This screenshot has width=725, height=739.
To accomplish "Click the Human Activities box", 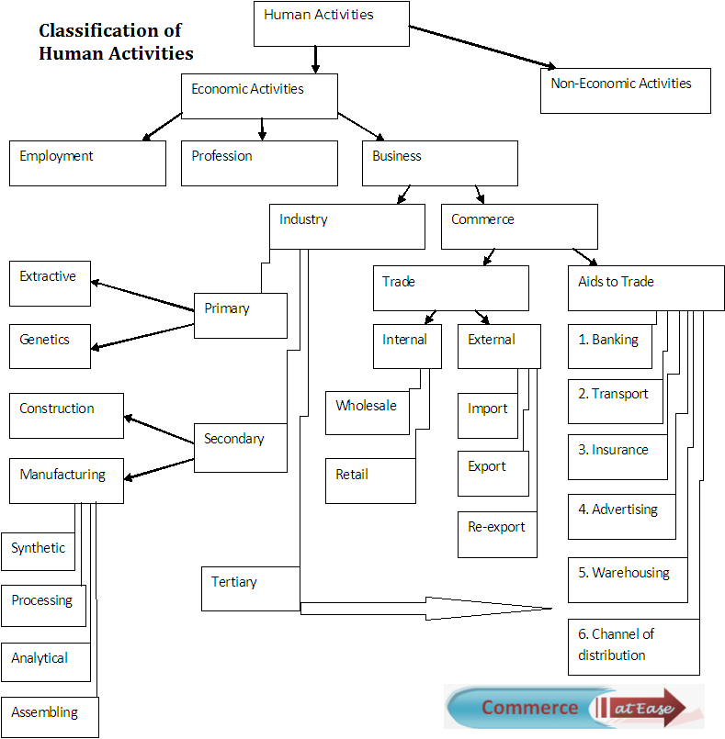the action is point(332,24).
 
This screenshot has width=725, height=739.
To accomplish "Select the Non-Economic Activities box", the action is point(626,91).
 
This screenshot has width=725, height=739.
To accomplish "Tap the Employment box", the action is point(87,163).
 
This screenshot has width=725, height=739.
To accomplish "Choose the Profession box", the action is point(259,163).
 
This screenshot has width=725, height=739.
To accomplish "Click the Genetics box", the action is point(50,346).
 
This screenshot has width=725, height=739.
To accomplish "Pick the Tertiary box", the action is point(251,588).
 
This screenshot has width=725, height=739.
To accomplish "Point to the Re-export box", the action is point(497,534).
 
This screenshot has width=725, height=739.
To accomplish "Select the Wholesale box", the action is point(368,413).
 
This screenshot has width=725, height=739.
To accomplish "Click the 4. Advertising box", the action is point(622,517).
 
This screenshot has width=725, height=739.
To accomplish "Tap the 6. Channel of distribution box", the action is point(633,646).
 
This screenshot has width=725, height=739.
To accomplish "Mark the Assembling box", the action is point(50,717).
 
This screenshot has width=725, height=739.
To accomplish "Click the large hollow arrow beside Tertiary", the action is point(426,609).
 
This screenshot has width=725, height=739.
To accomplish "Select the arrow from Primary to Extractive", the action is point(142,297).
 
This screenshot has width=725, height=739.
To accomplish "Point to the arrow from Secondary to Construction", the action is point(159,430).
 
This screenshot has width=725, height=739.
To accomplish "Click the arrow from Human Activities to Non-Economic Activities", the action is point(482,47).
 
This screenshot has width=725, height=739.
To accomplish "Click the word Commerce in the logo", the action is point(529,708).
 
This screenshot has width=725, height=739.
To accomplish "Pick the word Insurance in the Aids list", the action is point(620,450).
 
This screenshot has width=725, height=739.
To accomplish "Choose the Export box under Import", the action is point(493,474).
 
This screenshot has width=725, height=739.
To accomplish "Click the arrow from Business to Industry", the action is point(403,195).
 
